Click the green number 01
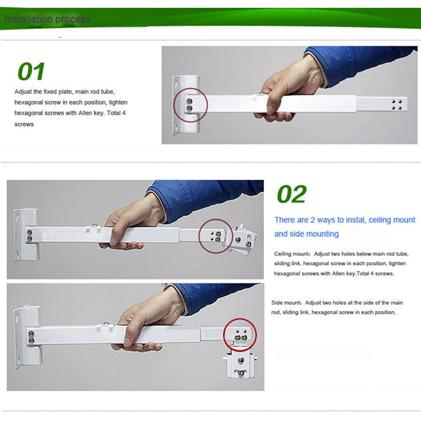click(31, 72)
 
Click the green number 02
click(292, 194)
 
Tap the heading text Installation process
click(48, 19)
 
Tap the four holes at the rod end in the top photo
click(397, 105)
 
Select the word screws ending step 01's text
click(24, 124)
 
